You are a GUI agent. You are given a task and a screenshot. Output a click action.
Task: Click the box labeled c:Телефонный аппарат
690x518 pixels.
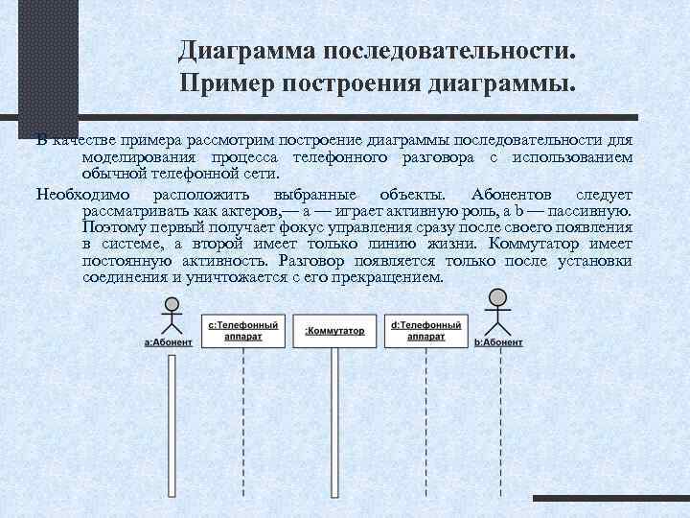[x=243, y=331]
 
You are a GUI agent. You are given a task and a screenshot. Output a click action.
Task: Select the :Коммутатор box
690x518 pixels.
[x=334, y=331]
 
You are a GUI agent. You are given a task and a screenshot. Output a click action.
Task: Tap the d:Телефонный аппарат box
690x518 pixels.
[x=425, y=331]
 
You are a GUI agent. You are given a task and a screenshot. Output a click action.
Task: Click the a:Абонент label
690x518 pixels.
[x=169, y=342]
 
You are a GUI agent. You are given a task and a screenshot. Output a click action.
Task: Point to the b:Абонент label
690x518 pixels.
[x=498, y=342]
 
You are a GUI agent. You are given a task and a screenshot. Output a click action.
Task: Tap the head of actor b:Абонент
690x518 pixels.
[x=497, y=297]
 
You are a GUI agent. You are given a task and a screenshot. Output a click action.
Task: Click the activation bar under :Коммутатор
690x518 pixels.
[x=334, y=422]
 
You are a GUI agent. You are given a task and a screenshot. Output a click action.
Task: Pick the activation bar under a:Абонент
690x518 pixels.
[x=169, y=422]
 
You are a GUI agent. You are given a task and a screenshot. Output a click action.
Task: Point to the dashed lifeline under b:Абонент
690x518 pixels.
[x=498, y=422]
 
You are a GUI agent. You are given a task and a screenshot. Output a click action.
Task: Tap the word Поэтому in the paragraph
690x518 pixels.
[x=110, y=227]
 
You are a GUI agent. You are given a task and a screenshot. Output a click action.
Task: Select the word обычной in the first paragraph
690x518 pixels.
[x=112, y=174]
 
